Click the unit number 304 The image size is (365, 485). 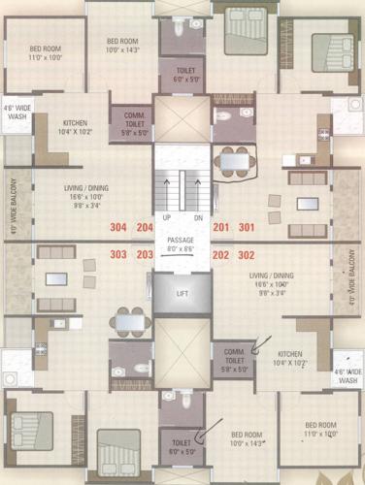(118, 228)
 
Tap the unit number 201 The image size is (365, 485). (220, 228)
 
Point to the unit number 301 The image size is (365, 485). (247, 228)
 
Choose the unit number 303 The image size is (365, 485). (118, 255)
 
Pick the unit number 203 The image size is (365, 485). (146, 255)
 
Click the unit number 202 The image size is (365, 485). (220, 255)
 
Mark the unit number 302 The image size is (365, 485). (247, 255)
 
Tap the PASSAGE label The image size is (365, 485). (182, 240)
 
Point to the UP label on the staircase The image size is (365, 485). (167, 217)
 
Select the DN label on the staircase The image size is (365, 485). (197, 217)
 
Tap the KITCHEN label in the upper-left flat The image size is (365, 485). (76, 123)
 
